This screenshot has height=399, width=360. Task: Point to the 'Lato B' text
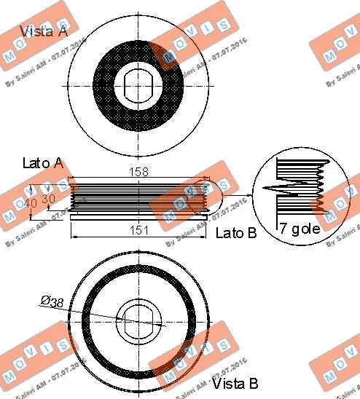click(237, 233)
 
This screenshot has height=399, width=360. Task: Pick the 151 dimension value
click(140, 230)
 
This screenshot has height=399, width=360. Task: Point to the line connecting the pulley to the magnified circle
click(233, 197)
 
